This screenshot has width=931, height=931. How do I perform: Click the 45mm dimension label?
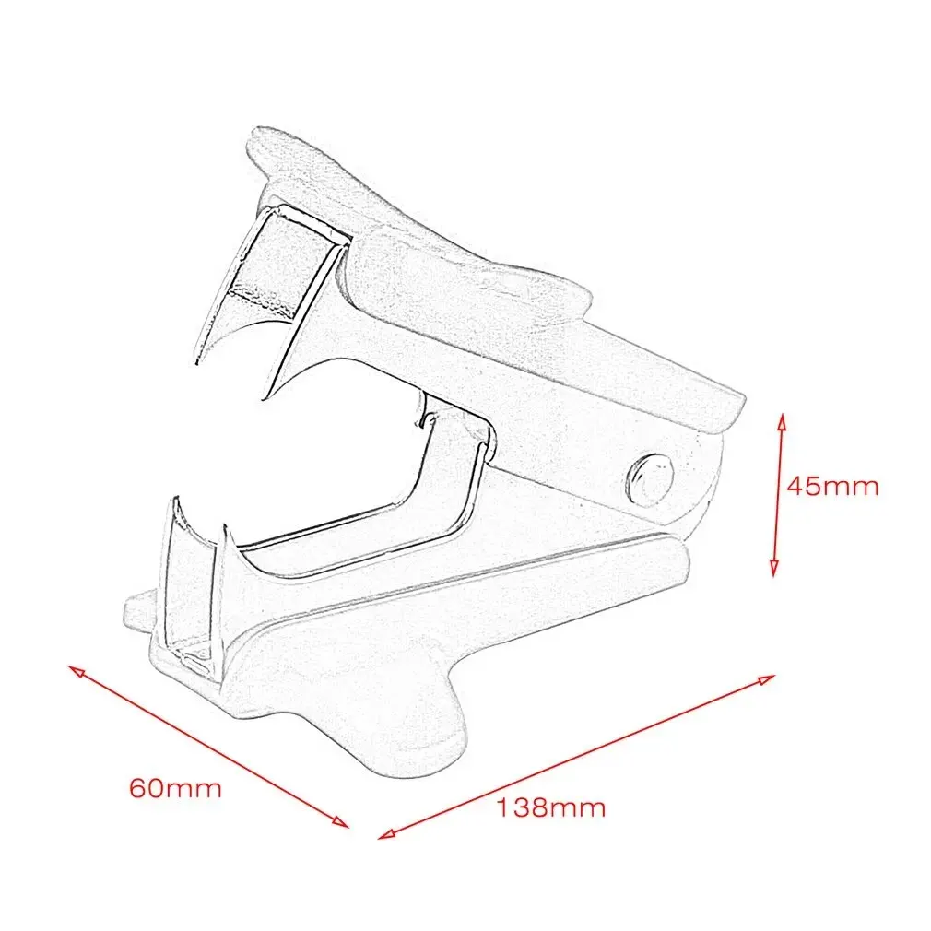[831, 486]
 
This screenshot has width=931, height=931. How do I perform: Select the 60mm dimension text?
[175, 788]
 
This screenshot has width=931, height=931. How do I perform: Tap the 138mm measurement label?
[551, 807]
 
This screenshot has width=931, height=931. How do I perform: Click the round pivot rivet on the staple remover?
[649, 478]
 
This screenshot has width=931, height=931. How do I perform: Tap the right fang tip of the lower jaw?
[222, 528]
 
